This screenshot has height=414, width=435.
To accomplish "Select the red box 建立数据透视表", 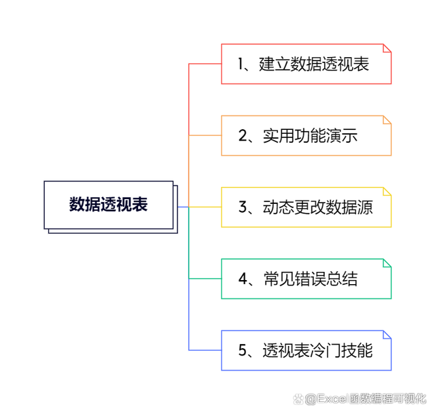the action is click(307, 64).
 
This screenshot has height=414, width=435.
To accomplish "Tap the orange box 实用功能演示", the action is click(307, 135).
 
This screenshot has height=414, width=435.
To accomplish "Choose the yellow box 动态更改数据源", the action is click(307, 207).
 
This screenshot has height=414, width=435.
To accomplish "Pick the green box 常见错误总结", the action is click(307, 279).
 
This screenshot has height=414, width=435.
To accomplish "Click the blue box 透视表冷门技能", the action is click(307, 350).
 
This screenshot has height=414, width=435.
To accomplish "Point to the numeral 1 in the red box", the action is click(241, 64).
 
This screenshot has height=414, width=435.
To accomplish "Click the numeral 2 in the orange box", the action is click(243, 135).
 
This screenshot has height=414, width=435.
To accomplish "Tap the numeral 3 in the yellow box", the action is click(243, 207).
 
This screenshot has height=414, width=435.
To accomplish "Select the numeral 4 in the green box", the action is click(243, 279).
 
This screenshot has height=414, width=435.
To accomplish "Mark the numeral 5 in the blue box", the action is click(243, 350).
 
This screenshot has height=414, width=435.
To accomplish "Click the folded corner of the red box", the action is click(387, 48).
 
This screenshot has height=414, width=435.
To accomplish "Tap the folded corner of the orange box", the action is click(387, 120).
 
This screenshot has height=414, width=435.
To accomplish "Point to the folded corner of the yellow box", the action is click(387, 192).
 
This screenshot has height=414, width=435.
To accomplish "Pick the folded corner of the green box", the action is click(387, 263).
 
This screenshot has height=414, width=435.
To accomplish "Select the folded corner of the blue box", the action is click(387, 334).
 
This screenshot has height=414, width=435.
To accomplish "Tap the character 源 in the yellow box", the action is click(365, 207).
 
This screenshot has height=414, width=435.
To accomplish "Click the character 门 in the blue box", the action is click(334, 351).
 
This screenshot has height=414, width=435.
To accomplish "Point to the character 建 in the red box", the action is click(266, 64).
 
